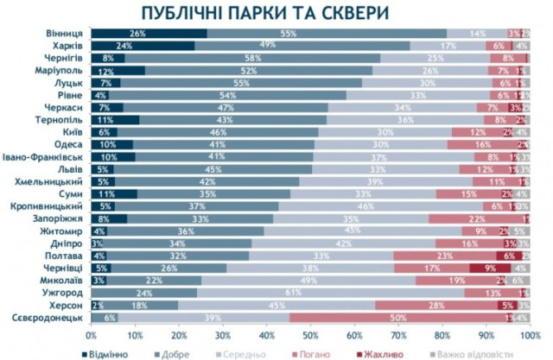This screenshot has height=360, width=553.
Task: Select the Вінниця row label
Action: pyautogui.click(x=65, y=34)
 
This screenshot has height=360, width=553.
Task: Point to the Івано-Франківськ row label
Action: pyautogui.click(x=48, y=157)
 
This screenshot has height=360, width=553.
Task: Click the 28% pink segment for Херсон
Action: pyautogui.click(x=435, y=305)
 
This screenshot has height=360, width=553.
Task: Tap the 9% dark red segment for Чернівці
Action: pyautogui.click(x=488, y=268)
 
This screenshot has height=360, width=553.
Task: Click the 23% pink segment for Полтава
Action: pyautogui.click(x=444, y=256)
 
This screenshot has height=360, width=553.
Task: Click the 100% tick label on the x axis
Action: pyautogui.click(x=530, y=332)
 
